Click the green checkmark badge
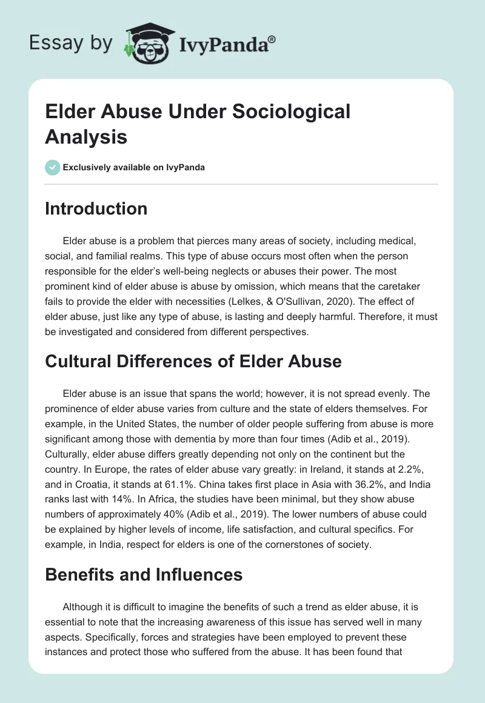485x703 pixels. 53,167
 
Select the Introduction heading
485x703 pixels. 96,208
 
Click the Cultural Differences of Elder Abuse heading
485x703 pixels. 193,361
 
